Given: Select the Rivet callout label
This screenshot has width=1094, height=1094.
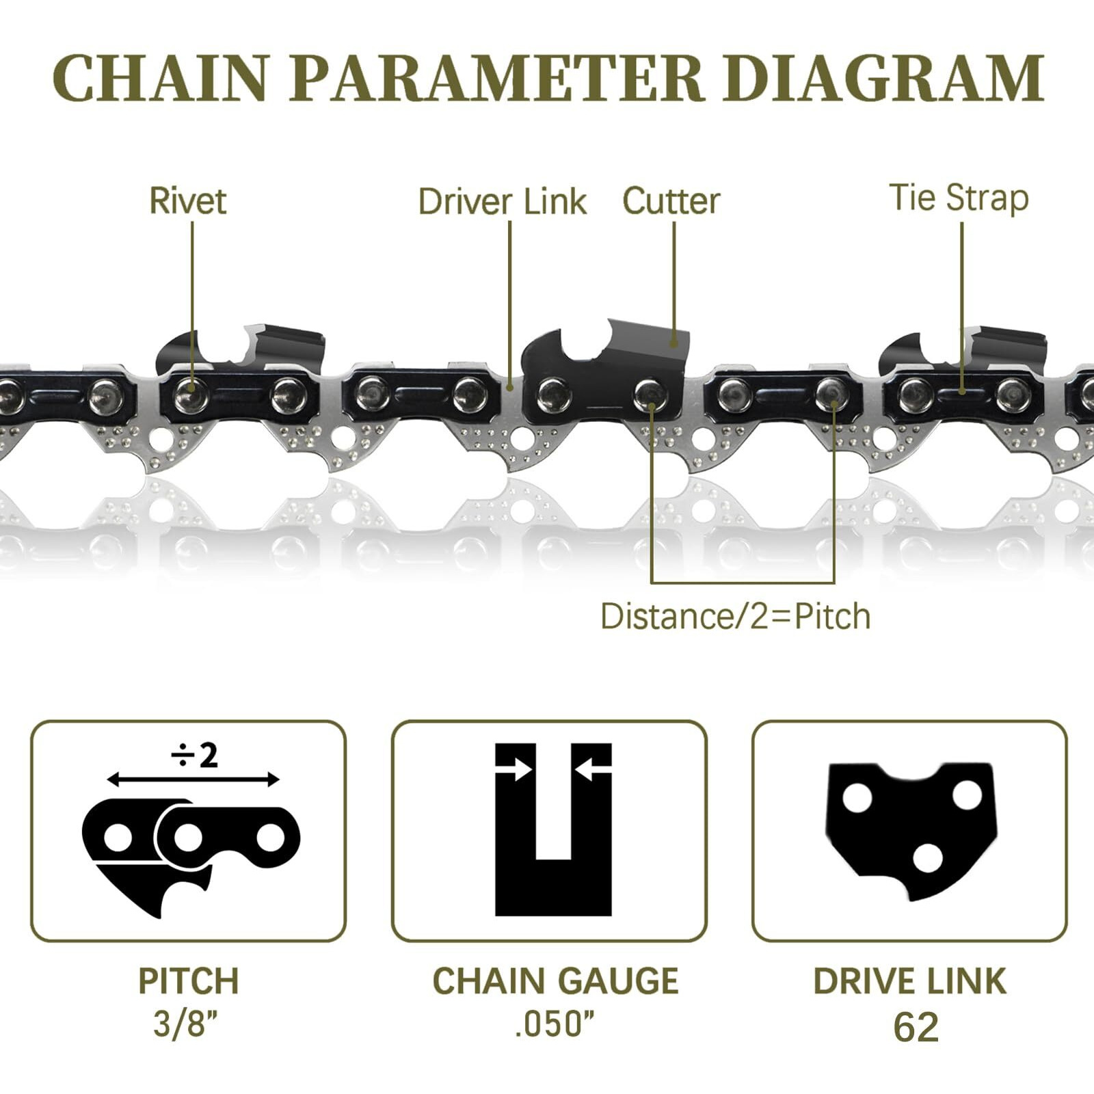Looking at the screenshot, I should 187,201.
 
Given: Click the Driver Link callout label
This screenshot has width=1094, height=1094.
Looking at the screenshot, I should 503,202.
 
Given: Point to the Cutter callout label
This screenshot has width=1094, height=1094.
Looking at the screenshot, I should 671,201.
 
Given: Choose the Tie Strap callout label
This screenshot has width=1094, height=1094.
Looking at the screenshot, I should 959,198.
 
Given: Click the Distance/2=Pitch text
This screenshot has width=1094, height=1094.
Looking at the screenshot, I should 736,616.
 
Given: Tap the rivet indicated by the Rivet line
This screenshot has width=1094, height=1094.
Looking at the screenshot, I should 191,395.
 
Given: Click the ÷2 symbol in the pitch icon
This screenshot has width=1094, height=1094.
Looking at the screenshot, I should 195,756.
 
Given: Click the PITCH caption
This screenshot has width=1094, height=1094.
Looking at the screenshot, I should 189,981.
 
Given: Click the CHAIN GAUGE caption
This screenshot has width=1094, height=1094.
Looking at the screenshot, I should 555,981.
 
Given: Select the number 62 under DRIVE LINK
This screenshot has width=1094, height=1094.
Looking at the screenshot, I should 916,1027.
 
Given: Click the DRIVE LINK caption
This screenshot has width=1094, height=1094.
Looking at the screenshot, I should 909,981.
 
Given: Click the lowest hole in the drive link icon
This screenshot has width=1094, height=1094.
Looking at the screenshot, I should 927,858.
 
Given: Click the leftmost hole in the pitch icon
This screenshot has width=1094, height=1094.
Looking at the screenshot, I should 118,838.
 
